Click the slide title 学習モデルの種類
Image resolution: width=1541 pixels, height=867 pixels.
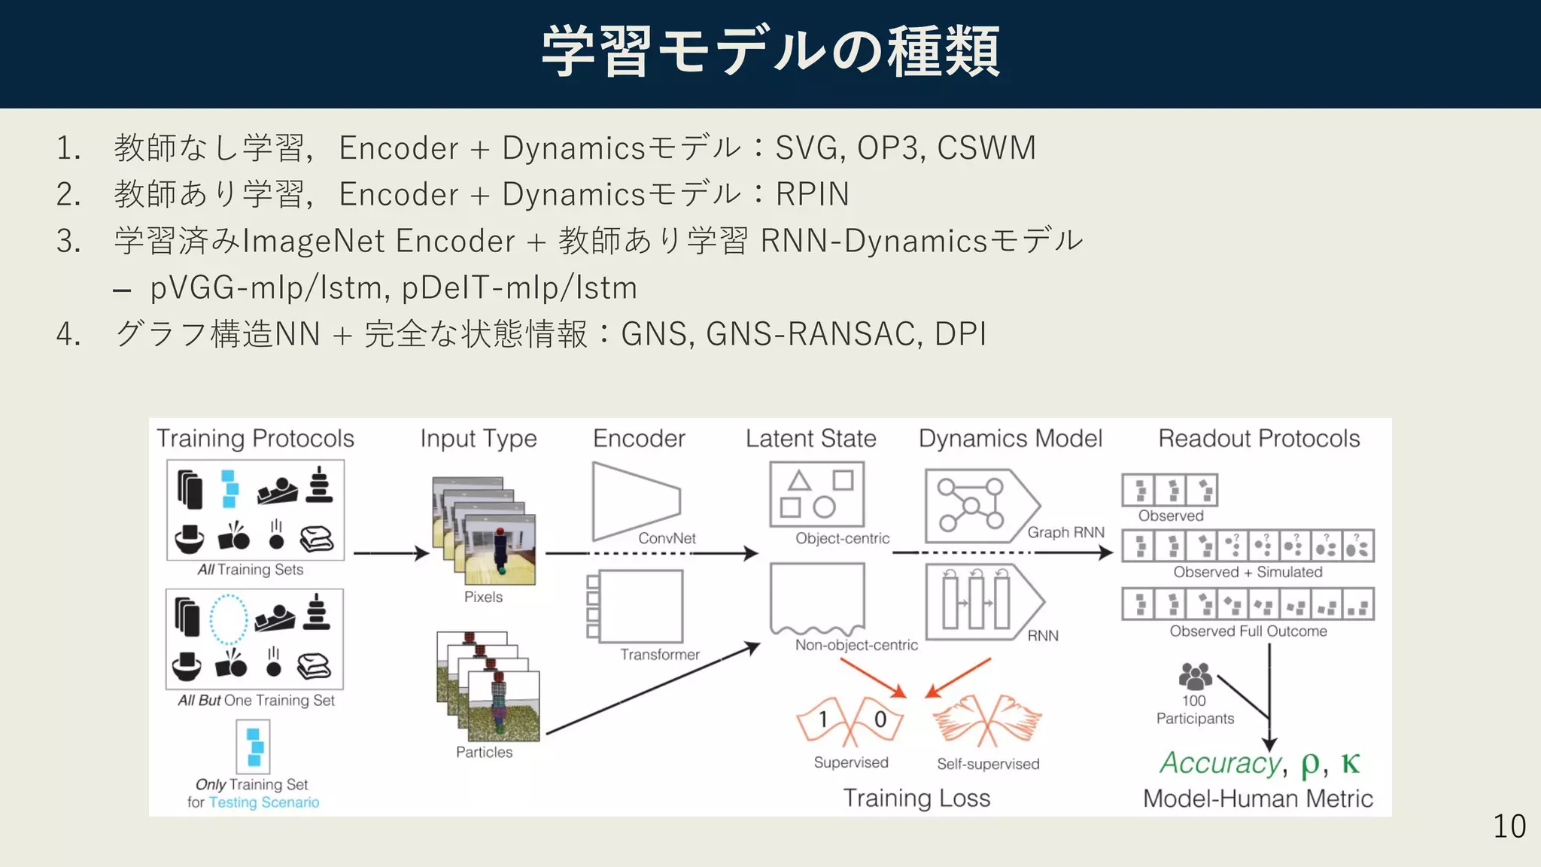(x=770, y=51)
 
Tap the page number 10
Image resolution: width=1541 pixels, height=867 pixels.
(x=1509, y=826)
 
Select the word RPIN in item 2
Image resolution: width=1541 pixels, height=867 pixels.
(x=812, y=194)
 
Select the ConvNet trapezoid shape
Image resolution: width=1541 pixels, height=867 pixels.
(x=634, y=502)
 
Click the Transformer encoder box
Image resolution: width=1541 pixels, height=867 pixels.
(x=640, y=606)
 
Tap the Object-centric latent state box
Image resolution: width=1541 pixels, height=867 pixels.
(x=816, y=494)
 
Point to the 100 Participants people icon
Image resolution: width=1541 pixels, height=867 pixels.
(x=1195, y=676)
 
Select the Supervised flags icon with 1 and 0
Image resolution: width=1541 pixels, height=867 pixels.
(x=850, y=720)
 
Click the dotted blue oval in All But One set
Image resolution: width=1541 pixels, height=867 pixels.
(x=228, y=620)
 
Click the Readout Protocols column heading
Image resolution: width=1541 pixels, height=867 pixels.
(x=1258, y=439)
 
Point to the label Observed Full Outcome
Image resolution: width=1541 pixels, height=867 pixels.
(x=1248, y=631)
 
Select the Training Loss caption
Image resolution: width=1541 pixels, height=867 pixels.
(x=916, y=798)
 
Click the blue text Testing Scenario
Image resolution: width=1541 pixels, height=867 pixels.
(x=263, y=802)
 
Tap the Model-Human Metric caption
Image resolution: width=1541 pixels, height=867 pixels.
(x=1257, y=799)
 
